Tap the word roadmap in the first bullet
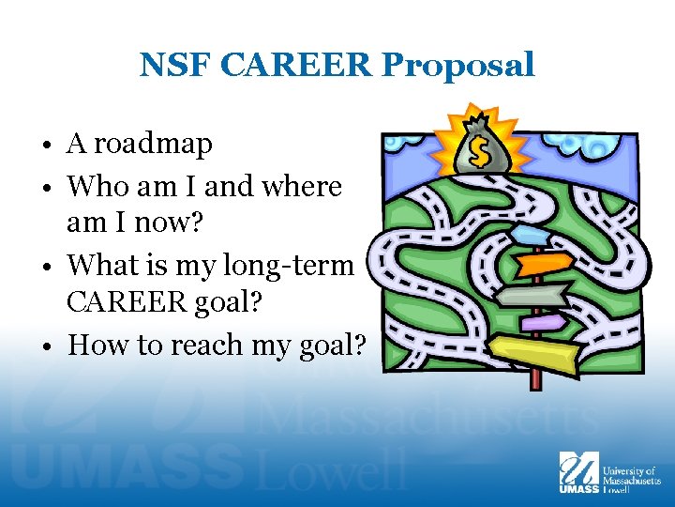click(x=153, y=145)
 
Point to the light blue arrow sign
click(x=531, y=235)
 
